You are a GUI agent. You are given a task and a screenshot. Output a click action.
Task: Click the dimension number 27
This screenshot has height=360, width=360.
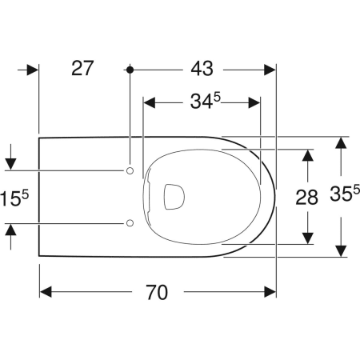coord(82,68)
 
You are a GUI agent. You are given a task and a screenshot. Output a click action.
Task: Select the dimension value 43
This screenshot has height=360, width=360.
coord(202,69)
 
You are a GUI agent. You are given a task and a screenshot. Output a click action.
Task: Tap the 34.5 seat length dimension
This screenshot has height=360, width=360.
coord(206,102)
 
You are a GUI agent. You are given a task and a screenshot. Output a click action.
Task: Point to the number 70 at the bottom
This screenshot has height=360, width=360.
coord(157,292)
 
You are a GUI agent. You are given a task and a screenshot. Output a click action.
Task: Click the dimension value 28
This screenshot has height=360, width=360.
coord(306,198)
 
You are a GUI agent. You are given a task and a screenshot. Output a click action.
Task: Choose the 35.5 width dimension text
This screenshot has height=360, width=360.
coord(345,193)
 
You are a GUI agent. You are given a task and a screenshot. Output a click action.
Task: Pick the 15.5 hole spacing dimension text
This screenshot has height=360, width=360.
coord(14,198)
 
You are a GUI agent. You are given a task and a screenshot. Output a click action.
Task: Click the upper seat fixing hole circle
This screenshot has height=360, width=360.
coord(130,170)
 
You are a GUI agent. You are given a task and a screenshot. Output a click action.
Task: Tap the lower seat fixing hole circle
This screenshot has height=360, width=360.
coord(130,223)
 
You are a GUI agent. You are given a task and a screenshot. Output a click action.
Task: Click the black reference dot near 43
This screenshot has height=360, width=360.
coord(130,70)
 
